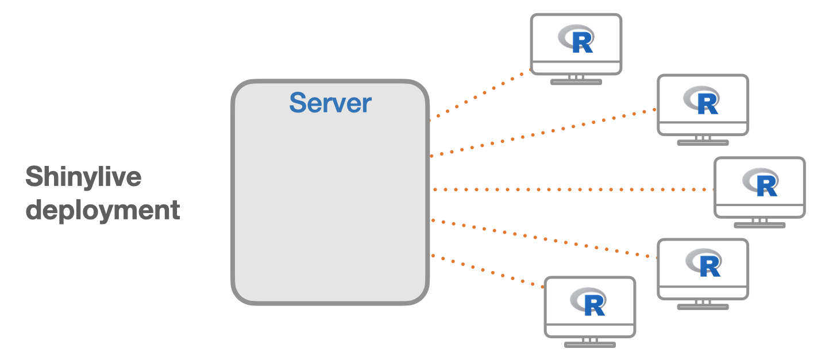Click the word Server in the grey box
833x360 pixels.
[x=330, y=103]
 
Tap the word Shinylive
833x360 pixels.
[x=83, y=176]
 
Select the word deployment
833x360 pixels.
[x=103, y=210]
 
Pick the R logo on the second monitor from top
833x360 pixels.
[x=703, y=101]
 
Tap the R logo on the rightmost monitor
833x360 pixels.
[x=760, y=183]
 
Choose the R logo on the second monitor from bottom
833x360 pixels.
[x=703, y=265]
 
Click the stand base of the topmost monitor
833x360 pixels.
[x=576, y=82]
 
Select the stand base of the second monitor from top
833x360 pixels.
[x=703, y=142]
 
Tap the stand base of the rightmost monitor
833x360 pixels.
[x=759, y=225]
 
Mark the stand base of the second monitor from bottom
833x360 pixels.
[x=703, y=307]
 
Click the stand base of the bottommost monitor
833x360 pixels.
[x=589, y=344]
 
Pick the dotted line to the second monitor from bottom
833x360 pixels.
[x=543, y=239]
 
